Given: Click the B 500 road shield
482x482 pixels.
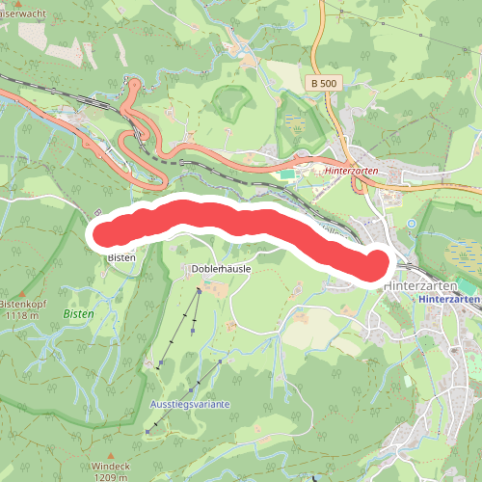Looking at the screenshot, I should (x=325, y=84).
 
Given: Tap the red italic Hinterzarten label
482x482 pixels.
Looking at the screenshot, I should (x=357, y=170).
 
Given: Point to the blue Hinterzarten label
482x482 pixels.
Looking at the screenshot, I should (x=449, y=300).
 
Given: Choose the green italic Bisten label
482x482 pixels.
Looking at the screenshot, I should (x=78, y=314).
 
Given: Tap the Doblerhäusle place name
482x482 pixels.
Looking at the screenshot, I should (x=221, y=268).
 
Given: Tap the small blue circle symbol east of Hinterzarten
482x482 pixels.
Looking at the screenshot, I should (x=412, y=224).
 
